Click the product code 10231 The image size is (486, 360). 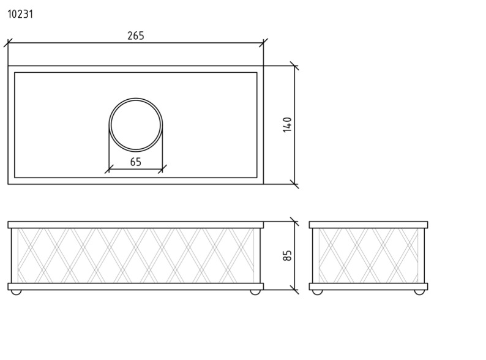click(20, 14)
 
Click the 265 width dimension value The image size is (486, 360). click(136, 36)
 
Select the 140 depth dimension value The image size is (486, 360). click(287, 125)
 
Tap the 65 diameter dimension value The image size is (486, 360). click(136, 162)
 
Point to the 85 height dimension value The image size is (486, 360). click(287, 255)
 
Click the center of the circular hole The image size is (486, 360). click(136, 125)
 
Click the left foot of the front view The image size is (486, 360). click(16, 292)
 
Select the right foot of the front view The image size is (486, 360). click(255, 292)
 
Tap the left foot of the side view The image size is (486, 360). click(318, 292)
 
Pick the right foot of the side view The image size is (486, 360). click(419, 292)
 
